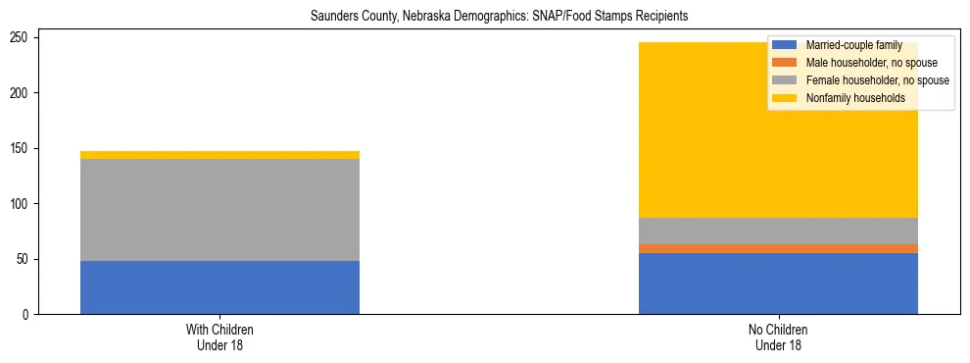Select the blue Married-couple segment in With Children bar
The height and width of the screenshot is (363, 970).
[x=219, y=287]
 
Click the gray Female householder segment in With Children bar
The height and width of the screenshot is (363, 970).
[x=219, y=210]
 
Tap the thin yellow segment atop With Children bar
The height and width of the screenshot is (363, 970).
[x=219, y=155]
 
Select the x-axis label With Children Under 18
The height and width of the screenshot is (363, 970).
[x=219, y=337]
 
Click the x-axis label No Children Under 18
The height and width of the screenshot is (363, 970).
[x=778, y=337]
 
